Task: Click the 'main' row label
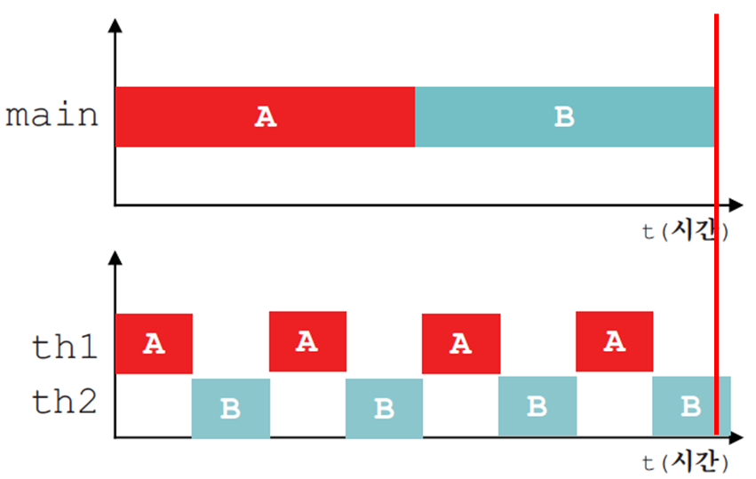coord(52,116)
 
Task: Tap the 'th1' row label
coord(65,347)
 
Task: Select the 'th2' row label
coord(65,402)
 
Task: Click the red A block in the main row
coord(266,116)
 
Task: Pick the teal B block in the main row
coord(565,116)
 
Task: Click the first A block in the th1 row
coord(155,343)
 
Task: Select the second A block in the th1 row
coord(307,341)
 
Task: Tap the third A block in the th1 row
coord(461,343)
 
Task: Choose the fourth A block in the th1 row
coord(614,341)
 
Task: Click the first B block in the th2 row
coord(231,409)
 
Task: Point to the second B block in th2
coord(385,409)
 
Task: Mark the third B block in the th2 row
coord(537,406)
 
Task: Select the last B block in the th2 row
coord(691,406)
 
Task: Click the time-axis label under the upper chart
coord(685,230)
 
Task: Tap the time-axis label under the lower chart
coord(685,462)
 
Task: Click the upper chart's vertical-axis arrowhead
coord(115,26)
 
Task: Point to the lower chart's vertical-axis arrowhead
coord(115,258)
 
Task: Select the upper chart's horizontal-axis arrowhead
coord(736,205)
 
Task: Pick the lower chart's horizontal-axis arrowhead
coord(736,437)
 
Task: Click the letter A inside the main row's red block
coord(266,117)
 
